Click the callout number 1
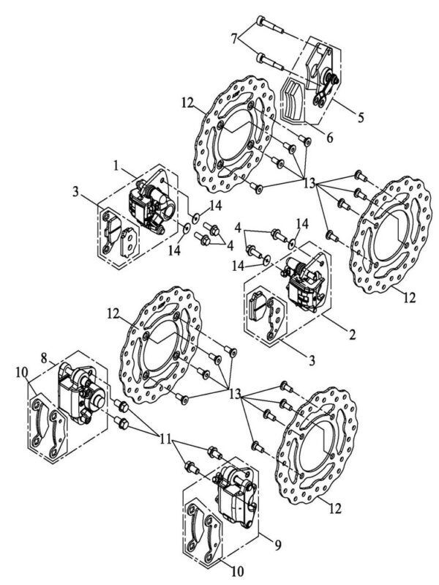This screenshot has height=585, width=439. coord(116,165)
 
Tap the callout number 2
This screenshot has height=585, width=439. coord(352,335)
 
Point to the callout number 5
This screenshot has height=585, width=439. coord(360,118)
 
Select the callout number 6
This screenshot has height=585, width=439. coord(329,138)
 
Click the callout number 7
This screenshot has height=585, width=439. coord(234,40)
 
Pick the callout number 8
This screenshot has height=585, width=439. coord(44,359)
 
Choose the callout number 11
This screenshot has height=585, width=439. coord(166,439)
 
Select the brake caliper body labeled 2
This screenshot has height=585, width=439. coord(304,283)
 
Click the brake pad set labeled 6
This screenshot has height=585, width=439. coord(293,102)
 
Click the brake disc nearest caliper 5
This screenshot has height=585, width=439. coord(236,135)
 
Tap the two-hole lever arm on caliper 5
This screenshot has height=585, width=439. coord(322,94)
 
